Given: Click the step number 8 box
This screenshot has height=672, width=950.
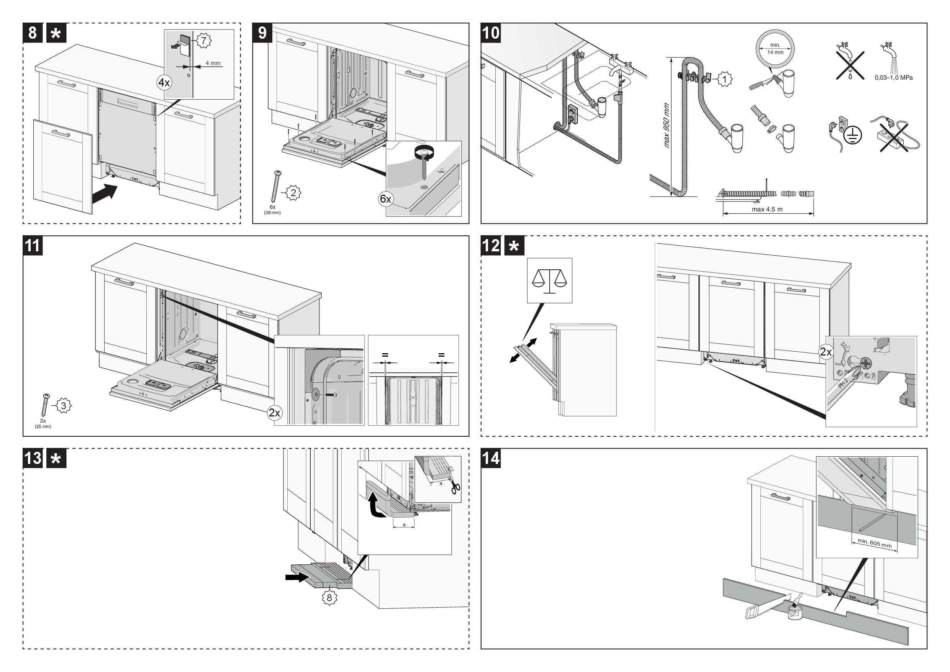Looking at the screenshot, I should [x=33, y=33].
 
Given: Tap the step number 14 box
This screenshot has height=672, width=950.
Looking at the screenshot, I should [x=491, y=458].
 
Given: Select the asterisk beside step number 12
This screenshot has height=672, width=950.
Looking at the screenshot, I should [x=514, y=246].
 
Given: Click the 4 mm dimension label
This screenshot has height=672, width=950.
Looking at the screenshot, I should [x=213, y=63].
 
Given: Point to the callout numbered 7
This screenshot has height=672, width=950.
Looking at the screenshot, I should [x=203, y=41].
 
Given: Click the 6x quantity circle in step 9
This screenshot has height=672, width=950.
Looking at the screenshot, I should [x=385, y=199].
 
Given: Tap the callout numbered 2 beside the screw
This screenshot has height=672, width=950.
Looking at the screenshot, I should [x=293, y=192].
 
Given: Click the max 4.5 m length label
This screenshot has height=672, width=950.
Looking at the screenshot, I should [x=767, y=210].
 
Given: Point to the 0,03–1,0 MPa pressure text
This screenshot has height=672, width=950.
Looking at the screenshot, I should [x=893, y=78].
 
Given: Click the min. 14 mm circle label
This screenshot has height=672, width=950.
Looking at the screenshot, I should [x=775, y=49].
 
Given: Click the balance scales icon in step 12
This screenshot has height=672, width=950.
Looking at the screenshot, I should [x=549, y=280].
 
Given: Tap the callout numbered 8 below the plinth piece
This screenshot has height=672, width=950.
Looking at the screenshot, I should [x=329, y=598].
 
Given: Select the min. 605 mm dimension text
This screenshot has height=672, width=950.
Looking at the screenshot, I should [x=874, y=543].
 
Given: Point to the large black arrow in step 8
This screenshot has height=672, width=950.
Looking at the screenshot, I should [x=105, y=195].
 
